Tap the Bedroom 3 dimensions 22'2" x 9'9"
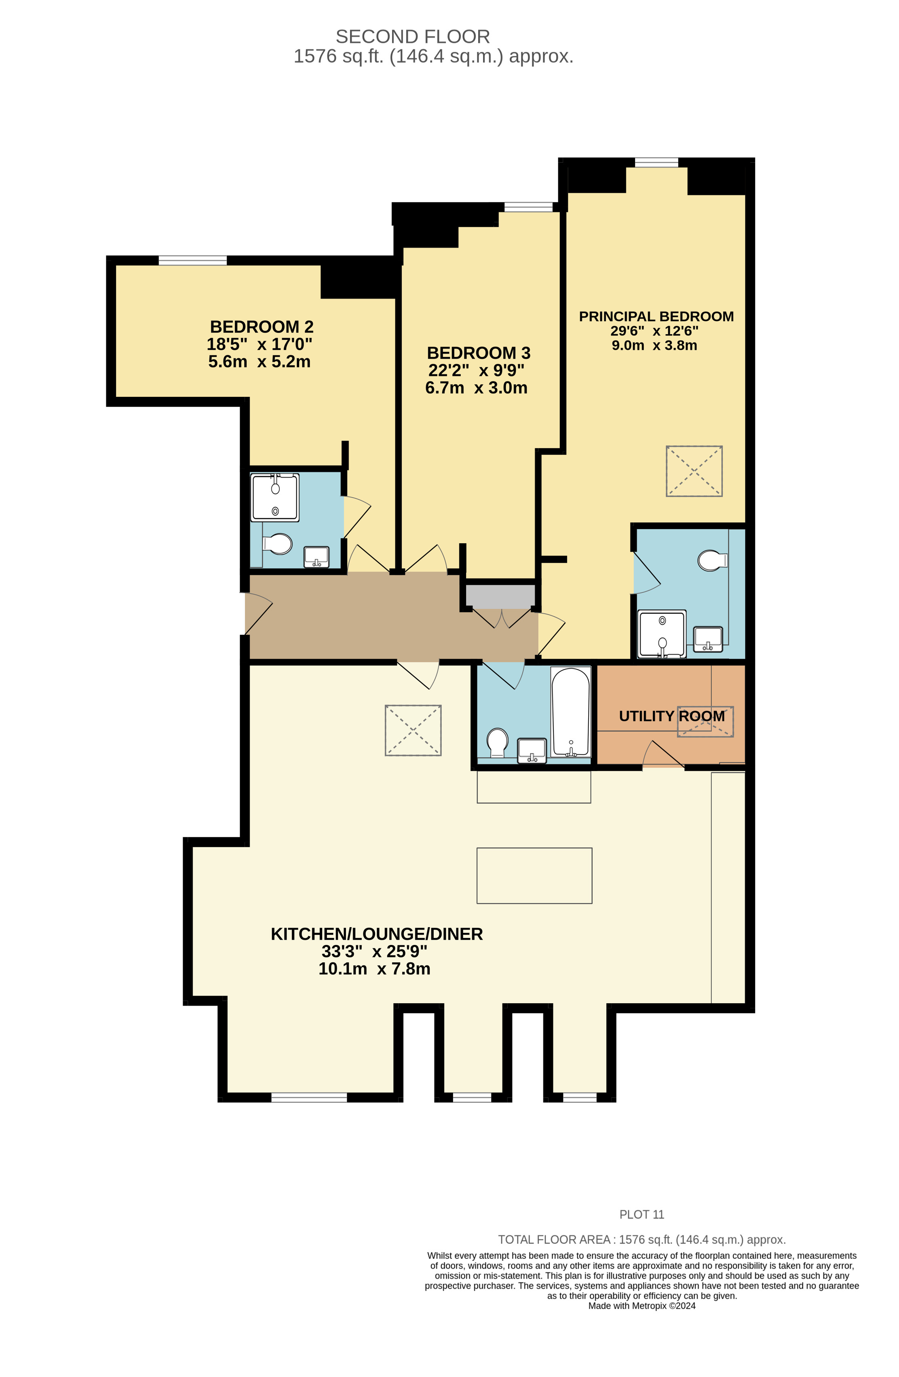477,370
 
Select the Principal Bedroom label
656,316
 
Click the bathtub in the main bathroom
571,712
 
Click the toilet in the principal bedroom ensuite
712,560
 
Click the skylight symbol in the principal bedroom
694,471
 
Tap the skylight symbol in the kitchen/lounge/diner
413,730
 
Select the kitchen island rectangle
534,875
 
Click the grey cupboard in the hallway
501,596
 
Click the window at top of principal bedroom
656,162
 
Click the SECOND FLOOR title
413,36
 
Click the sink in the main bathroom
531,750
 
